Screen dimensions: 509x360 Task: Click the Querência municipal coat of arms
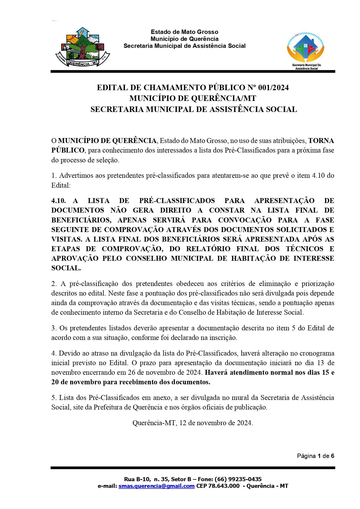tap(83, 47)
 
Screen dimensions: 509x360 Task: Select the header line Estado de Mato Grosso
tap(184, 32)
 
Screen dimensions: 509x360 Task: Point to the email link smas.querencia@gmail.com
tap(156, 486)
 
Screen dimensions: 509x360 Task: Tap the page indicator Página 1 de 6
tap(315, 456)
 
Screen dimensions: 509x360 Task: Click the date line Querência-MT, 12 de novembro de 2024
tap(193, 423)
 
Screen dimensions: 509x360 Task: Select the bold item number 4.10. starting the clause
tap(59, 201)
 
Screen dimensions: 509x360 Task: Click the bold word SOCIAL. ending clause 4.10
tap(66, 268)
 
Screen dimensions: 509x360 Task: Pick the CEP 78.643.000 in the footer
tap(218, 486)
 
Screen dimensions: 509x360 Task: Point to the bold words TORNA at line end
tap(321, 141)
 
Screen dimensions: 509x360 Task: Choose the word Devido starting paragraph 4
tap(69, 353)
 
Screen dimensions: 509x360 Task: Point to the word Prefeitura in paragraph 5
tap(108, 407)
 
